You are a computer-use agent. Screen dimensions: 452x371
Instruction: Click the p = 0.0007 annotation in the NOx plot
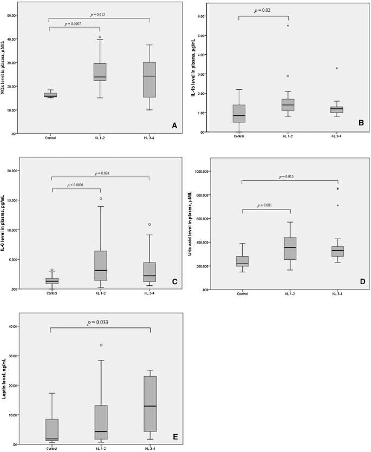[x=75, y=24]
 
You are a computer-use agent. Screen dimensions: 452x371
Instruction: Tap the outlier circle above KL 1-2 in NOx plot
[x=100, y=37]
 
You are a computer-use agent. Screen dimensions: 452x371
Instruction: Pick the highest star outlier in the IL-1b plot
[x=288, y=26]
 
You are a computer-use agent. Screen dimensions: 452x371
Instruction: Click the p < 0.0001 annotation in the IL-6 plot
[x=76, y=185]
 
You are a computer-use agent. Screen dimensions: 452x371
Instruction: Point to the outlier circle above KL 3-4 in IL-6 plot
[x=149, y=224]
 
